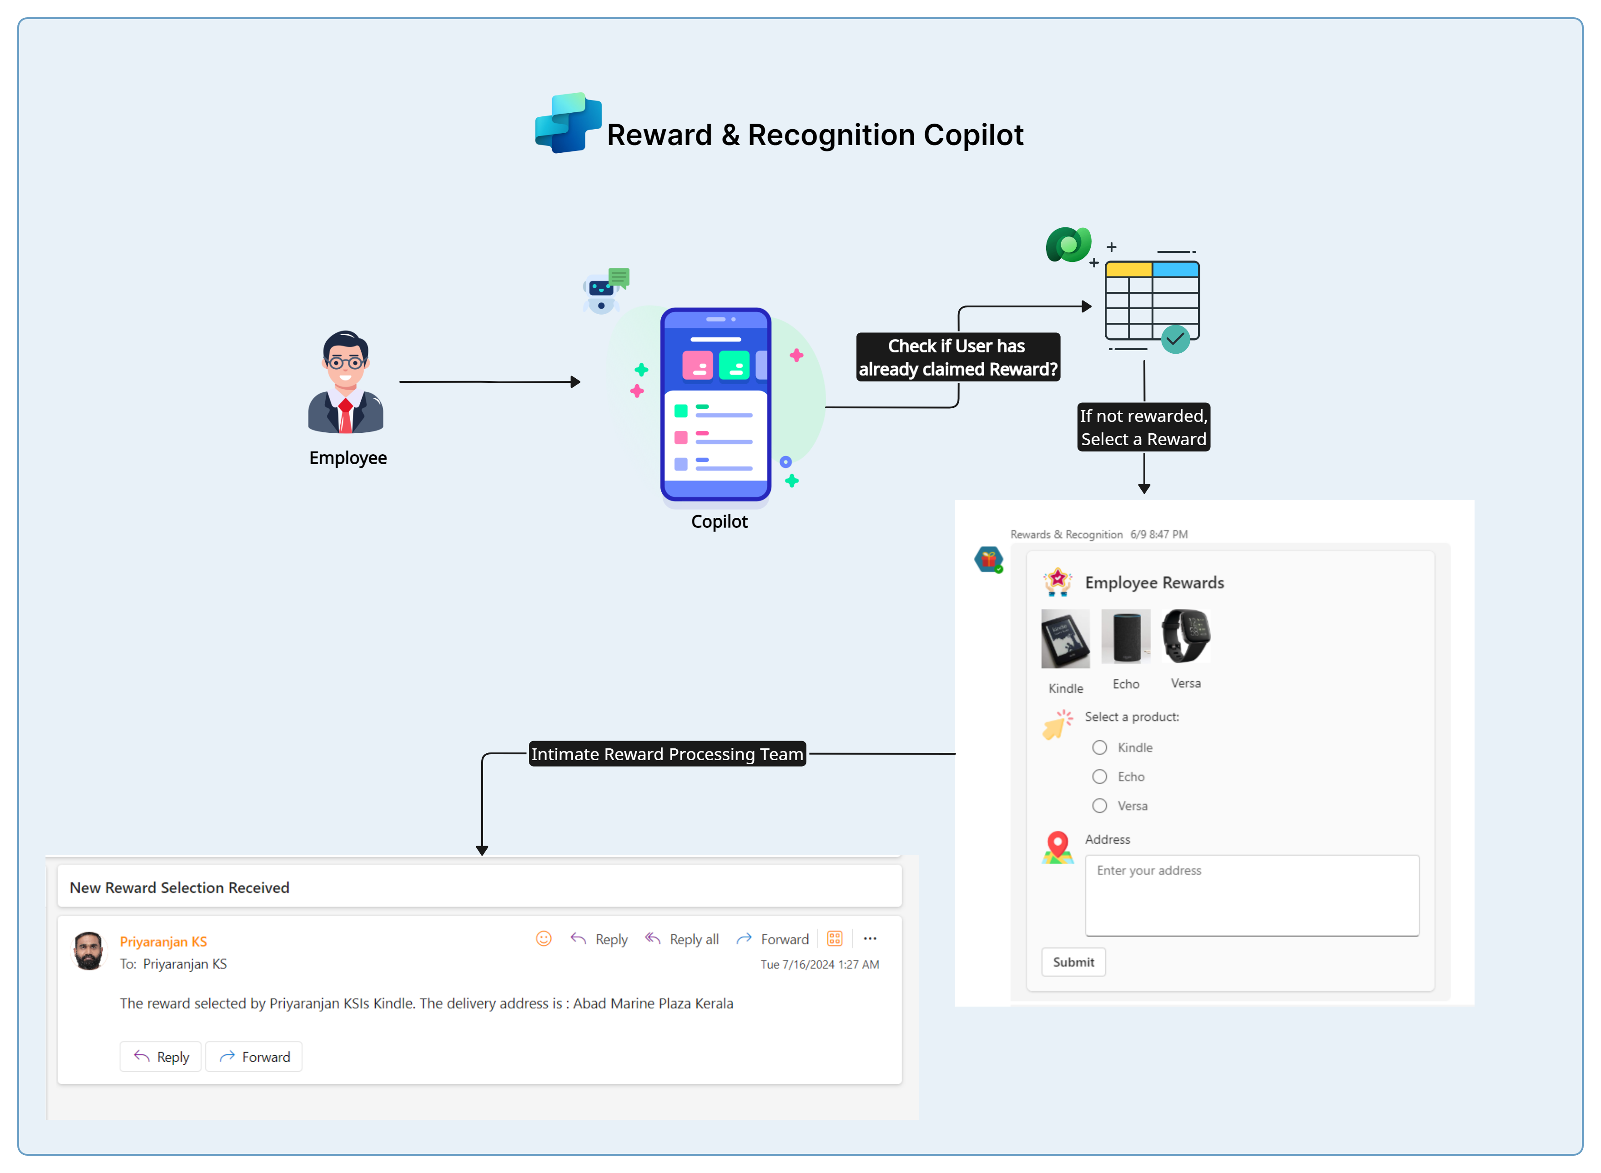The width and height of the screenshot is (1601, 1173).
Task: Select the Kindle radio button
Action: [1099, 748]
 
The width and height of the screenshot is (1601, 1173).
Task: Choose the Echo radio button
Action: [1099, 777]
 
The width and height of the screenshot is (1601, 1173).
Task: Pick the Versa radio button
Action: [1099, 806]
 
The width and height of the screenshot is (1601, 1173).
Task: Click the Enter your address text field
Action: [1252, 895]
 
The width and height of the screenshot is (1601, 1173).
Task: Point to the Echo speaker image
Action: [1126, 636]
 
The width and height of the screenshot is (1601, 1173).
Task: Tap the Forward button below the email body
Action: [254, 1057]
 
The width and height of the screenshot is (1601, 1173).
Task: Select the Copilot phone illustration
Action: [715, 405]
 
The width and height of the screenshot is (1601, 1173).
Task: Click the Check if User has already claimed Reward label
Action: [957, 357]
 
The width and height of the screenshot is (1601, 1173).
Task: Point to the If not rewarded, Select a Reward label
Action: [1143, 427]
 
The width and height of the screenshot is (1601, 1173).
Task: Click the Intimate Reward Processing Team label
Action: [667, 754]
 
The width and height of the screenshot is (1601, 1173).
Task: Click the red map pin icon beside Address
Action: [1057, 847]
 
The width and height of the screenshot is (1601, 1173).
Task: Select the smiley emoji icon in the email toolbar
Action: [544, 939]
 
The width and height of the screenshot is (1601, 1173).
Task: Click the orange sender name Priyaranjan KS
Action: [163, 942]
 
